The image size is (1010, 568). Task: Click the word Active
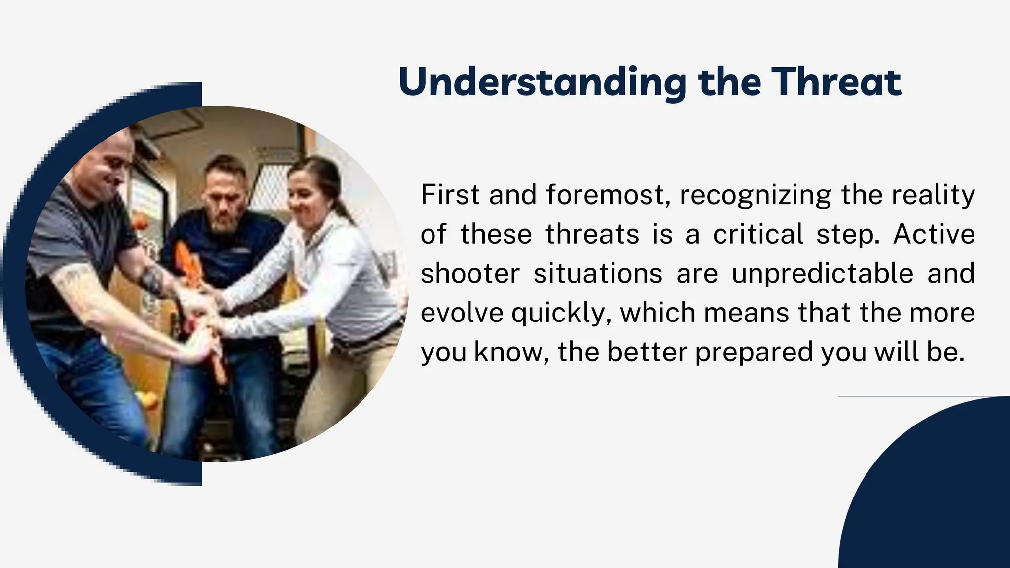pos(934,234)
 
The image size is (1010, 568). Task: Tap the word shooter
pos(470,273)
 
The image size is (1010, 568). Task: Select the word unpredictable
pos(822,273)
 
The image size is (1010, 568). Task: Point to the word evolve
pos(462,313)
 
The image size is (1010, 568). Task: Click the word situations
pos(598,273)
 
